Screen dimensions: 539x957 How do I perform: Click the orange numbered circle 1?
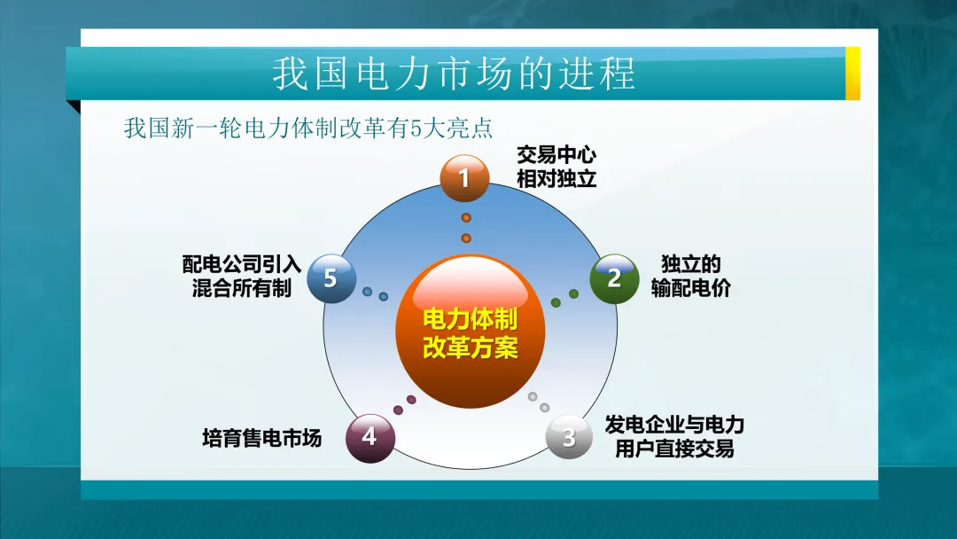464,178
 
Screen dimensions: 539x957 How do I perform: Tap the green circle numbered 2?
614,278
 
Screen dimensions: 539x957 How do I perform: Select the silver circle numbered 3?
569,436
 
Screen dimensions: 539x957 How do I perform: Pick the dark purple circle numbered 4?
370,437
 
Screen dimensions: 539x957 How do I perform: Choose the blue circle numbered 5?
331,278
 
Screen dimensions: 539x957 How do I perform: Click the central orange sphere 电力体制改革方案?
470,332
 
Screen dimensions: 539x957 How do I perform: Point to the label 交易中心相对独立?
556,167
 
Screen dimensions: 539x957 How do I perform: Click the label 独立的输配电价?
690,276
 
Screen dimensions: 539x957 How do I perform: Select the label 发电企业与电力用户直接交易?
674,436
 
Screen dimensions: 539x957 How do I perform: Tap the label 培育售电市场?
261,438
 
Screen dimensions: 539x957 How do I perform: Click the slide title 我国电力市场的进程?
453,74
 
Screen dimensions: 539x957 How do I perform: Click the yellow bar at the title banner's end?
852,73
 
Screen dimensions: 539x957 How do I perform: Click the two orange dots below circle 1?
466,228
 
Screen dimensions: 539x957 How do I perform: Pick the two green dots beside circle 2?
564,298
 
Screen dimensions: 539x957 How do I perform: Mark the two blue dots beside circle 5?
375,293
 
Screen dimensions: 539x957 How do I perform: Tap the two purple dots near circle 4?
404,405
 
